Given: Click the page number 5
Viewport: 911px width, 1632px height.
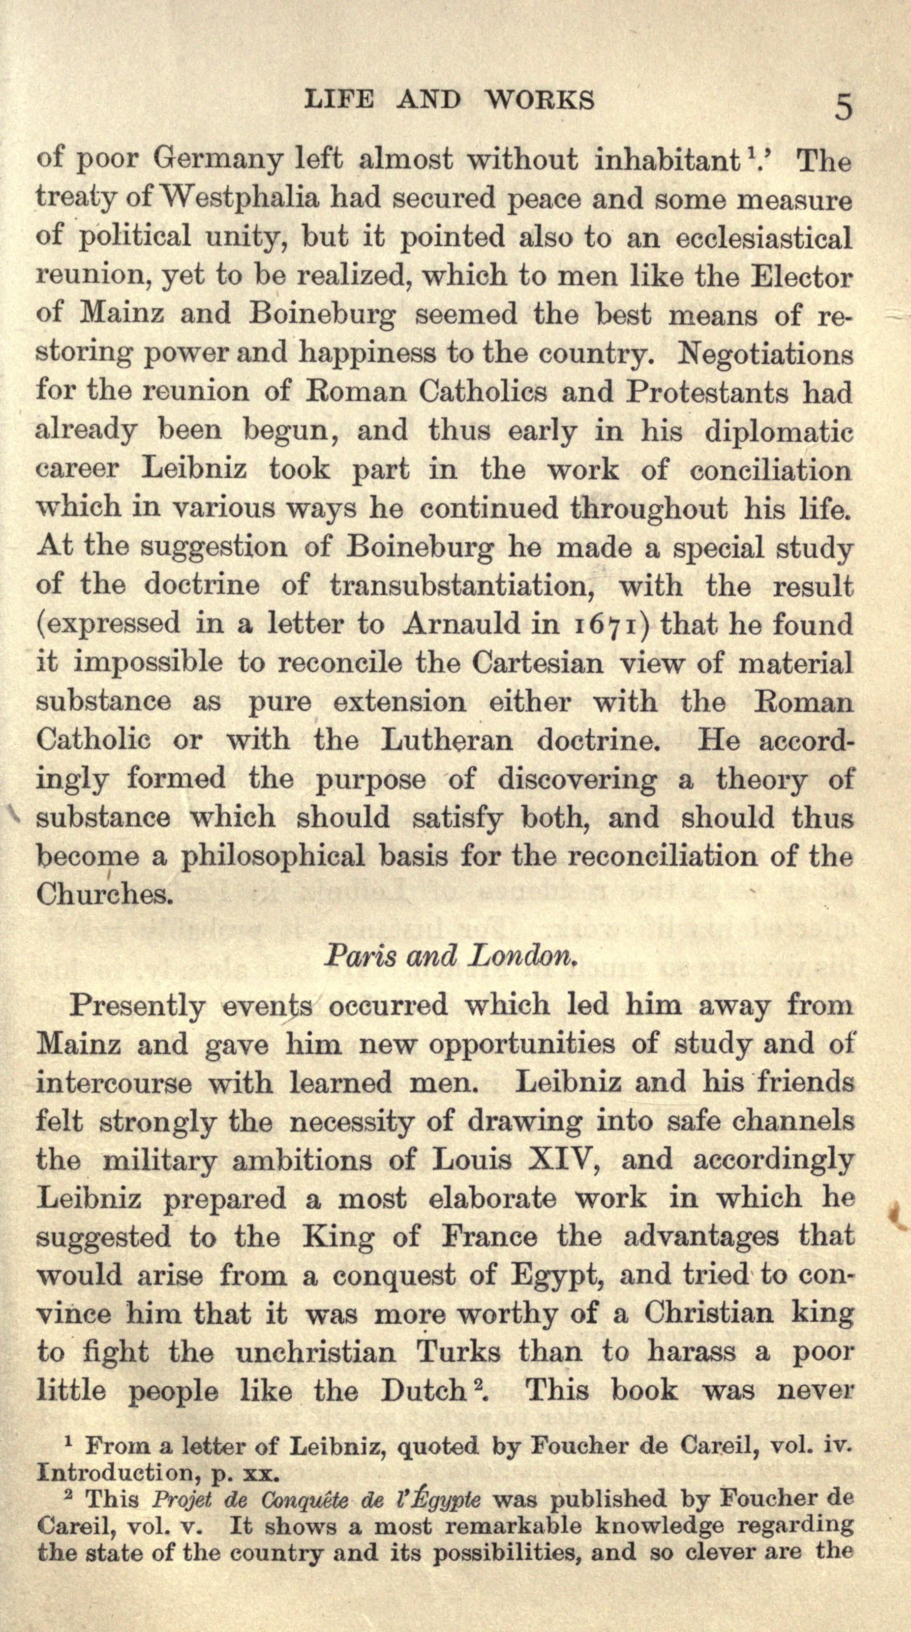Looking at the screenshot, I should pos(844,107).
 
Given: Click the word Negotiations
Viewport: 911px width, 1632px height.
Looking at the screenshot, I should pos(765,355).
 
